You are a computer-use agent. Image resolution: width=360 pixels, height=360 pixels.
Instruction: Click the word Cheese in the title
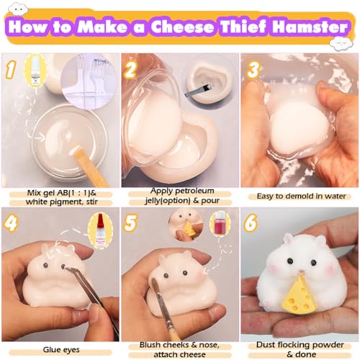(x=182, y=27)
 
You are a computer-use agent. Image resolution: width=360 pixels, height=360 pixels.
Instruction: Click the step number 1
(x=11, y=69)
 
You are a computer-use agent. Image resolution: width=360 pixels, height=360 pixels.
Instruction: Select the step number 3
(x=254, y=69)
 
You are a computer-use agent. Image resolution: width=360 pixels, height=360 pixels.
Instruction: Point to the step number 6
(x=251, y=222)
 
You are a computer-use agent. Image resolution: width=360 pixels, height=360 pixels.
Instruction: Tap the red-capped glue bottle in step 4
(x=100, y=230)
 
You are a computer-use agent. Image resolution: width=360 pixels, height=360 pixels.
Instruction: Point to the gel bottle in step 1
(x=35, y=71)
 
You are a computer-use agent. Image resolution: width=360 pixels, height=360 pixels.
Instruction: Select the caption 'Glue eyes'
(x=61, y=350)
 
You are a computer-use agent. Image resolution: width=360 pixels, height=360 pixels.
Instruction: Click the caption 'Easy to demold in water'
(x=301, y=196)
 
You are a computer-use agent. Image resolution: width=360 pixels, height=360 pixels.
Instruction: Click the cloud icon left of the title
(x=18, y=9)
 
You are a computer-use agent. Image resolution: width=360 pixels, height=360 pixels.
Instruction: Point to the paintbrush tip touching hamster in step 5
(x=154, y=283)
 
